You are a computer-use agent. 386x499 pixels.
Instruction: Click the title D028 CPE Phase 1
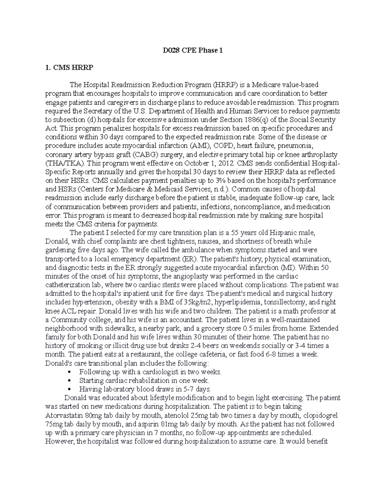(193, 51)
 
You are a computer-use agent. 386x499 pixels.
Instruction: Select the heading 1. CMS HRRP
(64, 68)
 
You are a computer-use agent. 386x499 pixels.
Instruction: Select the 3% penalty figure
(212, 181)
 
